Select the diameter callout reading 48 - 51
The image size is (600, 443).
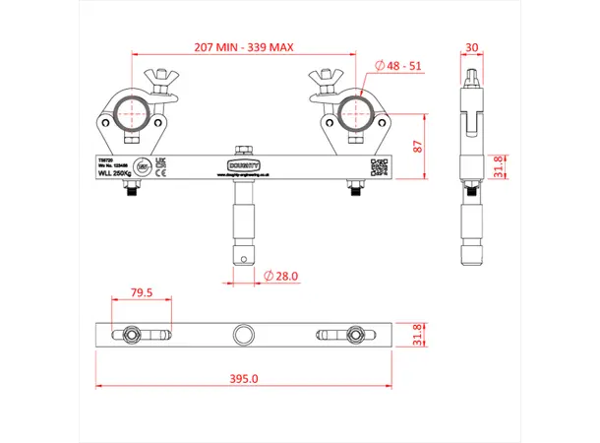tap(401, 66)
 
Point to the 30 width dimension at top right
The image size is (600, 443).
tap(473, 47)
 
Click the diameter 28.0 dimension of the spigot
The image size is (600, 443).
tap(283, 277)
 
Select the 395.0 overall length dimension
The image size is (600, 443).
tap(243, 378)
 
